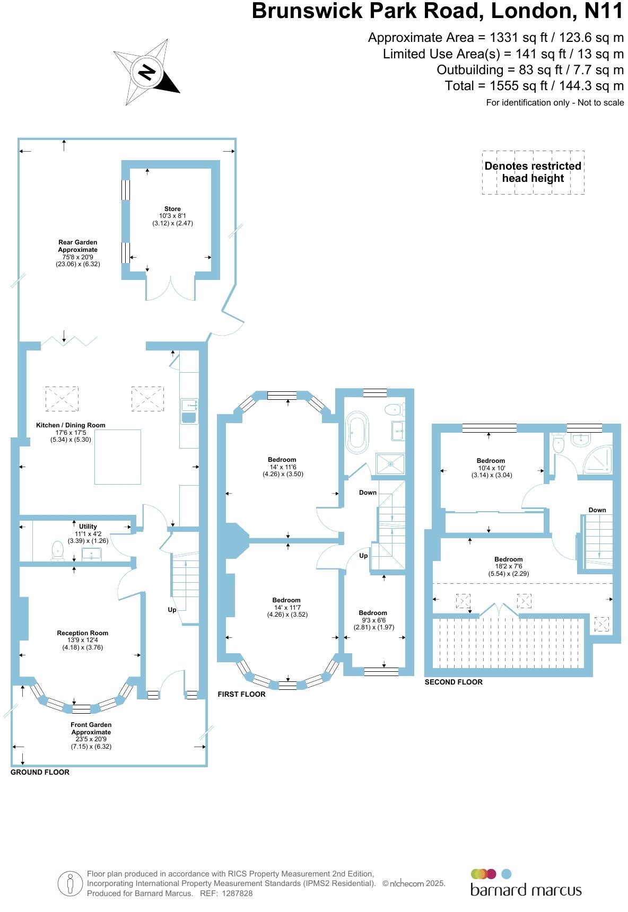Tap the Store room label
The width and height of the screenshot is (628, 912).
[x=172, y=216]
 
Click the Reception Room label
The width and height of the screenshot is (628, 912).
[x=83, y=639]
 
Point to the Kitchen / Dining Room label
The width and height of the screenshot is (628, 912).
[x=71, y=432]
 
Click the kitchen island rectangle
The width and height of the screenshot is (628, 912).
[x=118, y=457]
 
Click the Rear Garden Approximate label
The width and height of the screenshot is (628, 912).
[x=78, y=252]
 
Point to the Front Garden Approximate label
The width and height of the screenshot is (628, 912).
[x=91, y=735]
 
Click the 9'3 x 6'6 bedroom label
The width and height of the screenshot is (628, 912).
[x=373, y=619]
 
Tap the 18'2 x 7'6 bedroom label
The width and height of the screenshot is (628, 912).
[x=508, y=566]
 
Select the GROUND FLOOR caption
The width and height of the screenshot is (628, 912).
[x=40, y=772]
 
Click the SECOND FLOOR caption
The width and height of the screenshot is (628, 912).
[x=453, y=682]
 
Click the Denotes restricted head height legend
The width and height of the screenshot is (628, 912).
[x=533, y=172]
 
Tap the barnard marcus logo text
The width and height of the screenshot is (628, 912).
[x=526, y=889]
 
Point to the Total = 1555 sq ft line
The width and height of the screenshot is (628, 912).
[x=534, y=86]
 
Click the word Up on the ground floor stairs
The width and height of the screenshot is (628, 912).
[x=172, y=610]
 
